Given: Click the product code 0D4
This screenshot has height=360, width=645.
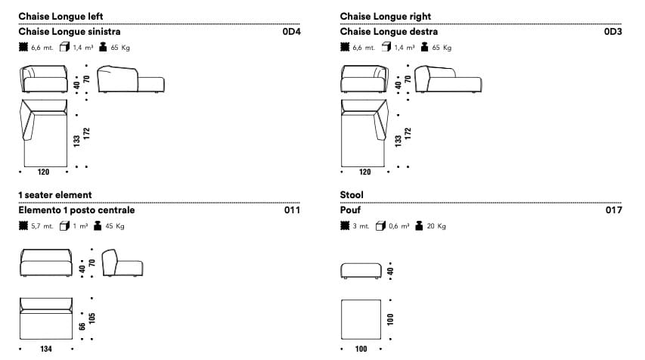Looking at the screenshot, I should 291,33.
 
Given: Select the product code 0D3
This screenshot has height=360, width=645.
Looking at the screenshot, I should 612,33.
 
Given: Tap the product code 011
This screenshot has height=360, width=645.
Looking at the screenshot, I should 292,211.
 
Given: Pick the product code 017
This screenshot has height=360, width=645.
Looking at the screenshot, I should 613,211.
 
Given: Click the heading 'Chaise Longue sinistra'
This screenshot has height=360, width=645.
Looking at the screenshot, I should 70,33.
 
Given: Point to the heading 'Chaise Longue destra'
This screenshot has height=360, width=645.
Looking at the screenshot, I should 389,33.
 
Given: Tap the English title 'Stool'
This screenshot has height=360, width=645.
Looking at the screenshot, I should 352,195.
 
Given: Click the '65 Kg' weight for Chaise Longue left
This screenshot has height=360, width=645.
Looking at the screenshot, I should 120,48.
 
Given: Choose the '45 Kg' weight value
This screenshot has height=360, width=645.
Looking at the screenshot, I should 115,226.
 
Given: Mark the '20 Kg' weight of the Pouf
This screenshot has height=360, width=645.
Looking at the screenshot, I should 436,226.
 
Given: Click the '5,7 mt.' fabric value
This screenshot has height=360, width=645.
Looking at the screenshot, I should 42,226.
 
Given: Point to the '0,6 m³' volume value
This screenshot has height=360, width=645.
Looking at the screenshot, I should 398,226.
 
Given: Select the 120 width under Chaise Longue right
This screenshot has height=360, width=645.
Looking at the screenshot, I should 365,172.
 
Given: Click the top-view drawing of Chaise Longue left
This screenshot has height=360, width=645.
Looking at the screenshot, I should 44,132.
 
